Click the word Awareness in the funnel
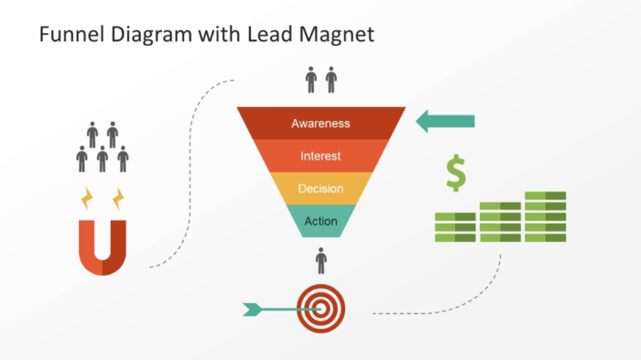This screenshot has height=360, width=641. point(320,123)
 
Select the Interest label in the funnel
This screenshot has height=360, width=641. point(320,156)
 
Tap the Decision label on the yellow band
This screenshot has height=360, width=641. point(320,189)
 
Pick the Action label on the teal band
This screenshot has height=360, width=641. point(320,221)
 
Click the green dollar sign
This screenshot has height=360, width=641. point(455,172)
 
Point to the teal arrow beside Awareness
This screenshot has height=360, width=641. point(446,121)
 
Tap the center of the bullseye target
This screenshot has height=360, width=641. point(321,309)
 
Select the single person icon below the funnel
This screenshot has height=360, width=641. point(320,261)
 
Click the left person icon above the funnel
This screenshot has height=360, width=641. point(311,80)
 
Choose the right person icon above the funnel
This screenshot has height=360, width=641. point(331,80)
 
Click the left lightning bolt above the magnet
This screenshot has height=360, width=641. point(87,198)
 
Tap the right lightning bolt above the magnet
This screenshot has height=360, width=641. point(116,198)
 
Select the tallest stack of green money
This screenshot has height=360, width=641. point(546,217)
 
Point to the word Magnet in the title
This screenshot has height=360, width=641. point(337,36)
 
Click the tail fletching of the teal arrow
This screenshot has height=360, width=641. point(251,310)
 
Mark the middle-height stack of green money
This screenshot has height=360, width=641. point(500,222)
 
